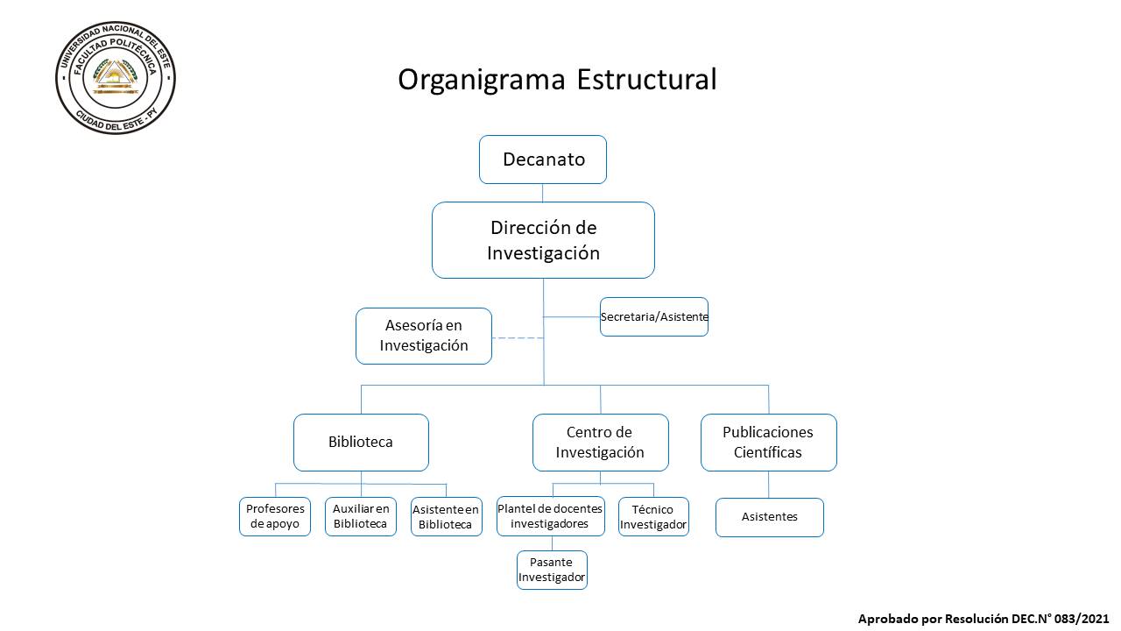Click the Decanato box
point(543,160)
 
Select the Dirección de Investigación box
point(544,240)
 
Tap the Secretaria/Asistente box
point(654,316)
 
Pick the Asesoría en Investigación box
point(424,336)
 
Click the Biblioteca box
point(361,443)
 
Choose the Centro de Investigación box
point(601,443)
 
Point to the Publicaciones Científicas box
point(769,443)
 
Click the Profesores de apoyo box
point(275,516)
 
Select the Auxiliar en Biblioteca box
point(361,516)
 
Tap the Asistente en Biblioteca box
point(447,516)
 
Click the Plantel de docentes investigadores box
point(551,516)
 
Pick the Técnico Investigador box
point(653,516)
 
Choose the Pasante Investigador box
point(552,570)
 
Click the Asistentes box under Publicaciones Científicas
point(770,517)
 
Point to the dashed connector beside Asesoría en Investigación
point(518,338)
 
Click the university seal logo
point(116,78)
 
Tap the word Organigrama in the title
point(482,80)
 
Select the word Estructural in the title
point(646,79)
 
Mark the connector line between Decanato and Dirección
point(542,193)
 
